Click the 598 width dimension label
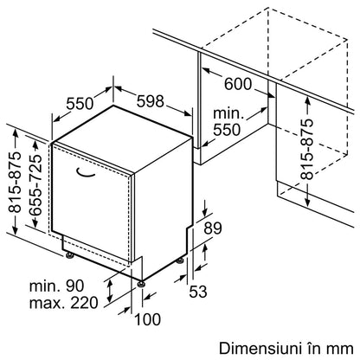[x=150, y=101]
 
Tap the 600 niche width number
[x=238, y=84]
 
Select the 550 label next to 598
[x=80, y=104]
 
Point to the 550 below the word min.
[x=227, y=130]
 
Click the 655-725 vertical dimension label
[x=35, y=185]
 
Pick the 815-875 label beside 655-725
[x=15, y=182]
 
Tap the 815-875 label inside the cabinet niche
[x=307, y=149]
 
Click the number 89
[x=213, y=228]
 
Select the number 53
[x=198, y=292]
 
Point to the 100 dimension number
[x=148, y=319]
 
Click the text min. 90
[x=57, y=286]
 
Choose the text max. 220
[x=64, y=303]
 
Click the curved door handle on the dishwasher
[x=86, y=174]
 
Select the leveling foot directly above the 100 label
[x=141, y=284]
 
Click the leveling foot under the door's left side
[x=69, y=255]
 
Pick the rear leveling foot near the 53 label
[x=181, y=260]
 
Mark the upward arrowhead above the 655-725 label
[x=35, y=145]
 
